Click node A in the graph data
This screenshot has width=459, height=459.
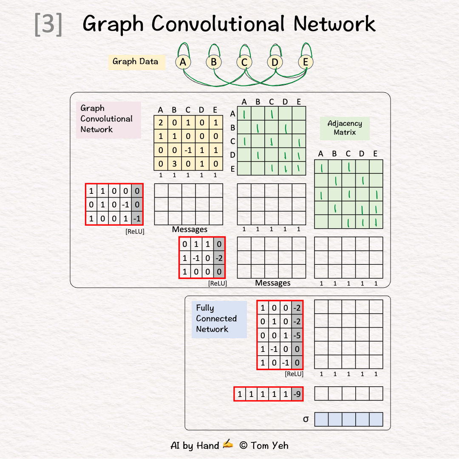click(x=183, y=62)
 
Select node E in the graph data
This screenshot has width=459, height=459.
click(x=305, y=62)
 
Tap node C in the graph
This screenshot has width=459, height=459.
click(x=244, y=62)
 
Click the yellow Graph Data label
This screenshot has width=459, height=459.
click(x=136, y=62)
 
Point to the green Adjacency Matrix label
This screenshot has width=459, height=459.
click(x=345, y=128)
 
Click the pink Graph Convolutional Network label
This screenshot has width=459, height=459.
click(x=107, y=119)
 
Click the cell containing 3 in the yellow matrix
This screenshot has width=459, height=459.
click(x=174, y=164)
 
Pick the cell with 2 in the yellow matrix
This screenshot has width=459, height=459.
click(x=161, y=122)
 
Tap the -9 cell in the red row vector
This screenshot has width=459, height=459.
click(x=297, y=394)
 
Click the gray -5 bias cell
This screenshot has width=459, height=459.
click(x=297, y=335)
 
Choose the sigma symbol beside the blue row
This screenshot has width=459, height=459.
click(x=306, y=419)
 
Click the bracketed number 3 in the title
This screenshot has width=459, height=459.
click(x=48, y=24)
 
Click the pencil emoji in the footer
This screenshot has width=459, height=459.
click(x=228, y=445)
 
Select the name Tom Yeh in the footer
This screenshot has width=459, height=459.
click(x=269, y=445)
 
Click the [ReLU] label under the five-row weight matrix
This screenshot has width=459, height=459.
click(x=294, y=374)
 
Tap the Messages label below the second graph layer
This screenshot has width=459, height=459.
click(x=273, y=283)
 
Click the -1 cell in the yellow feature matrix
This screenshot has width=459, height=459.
click(x=188, y=150)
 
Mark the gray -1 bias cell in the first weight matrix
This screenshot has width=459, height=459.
click(x=137, y=218)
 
